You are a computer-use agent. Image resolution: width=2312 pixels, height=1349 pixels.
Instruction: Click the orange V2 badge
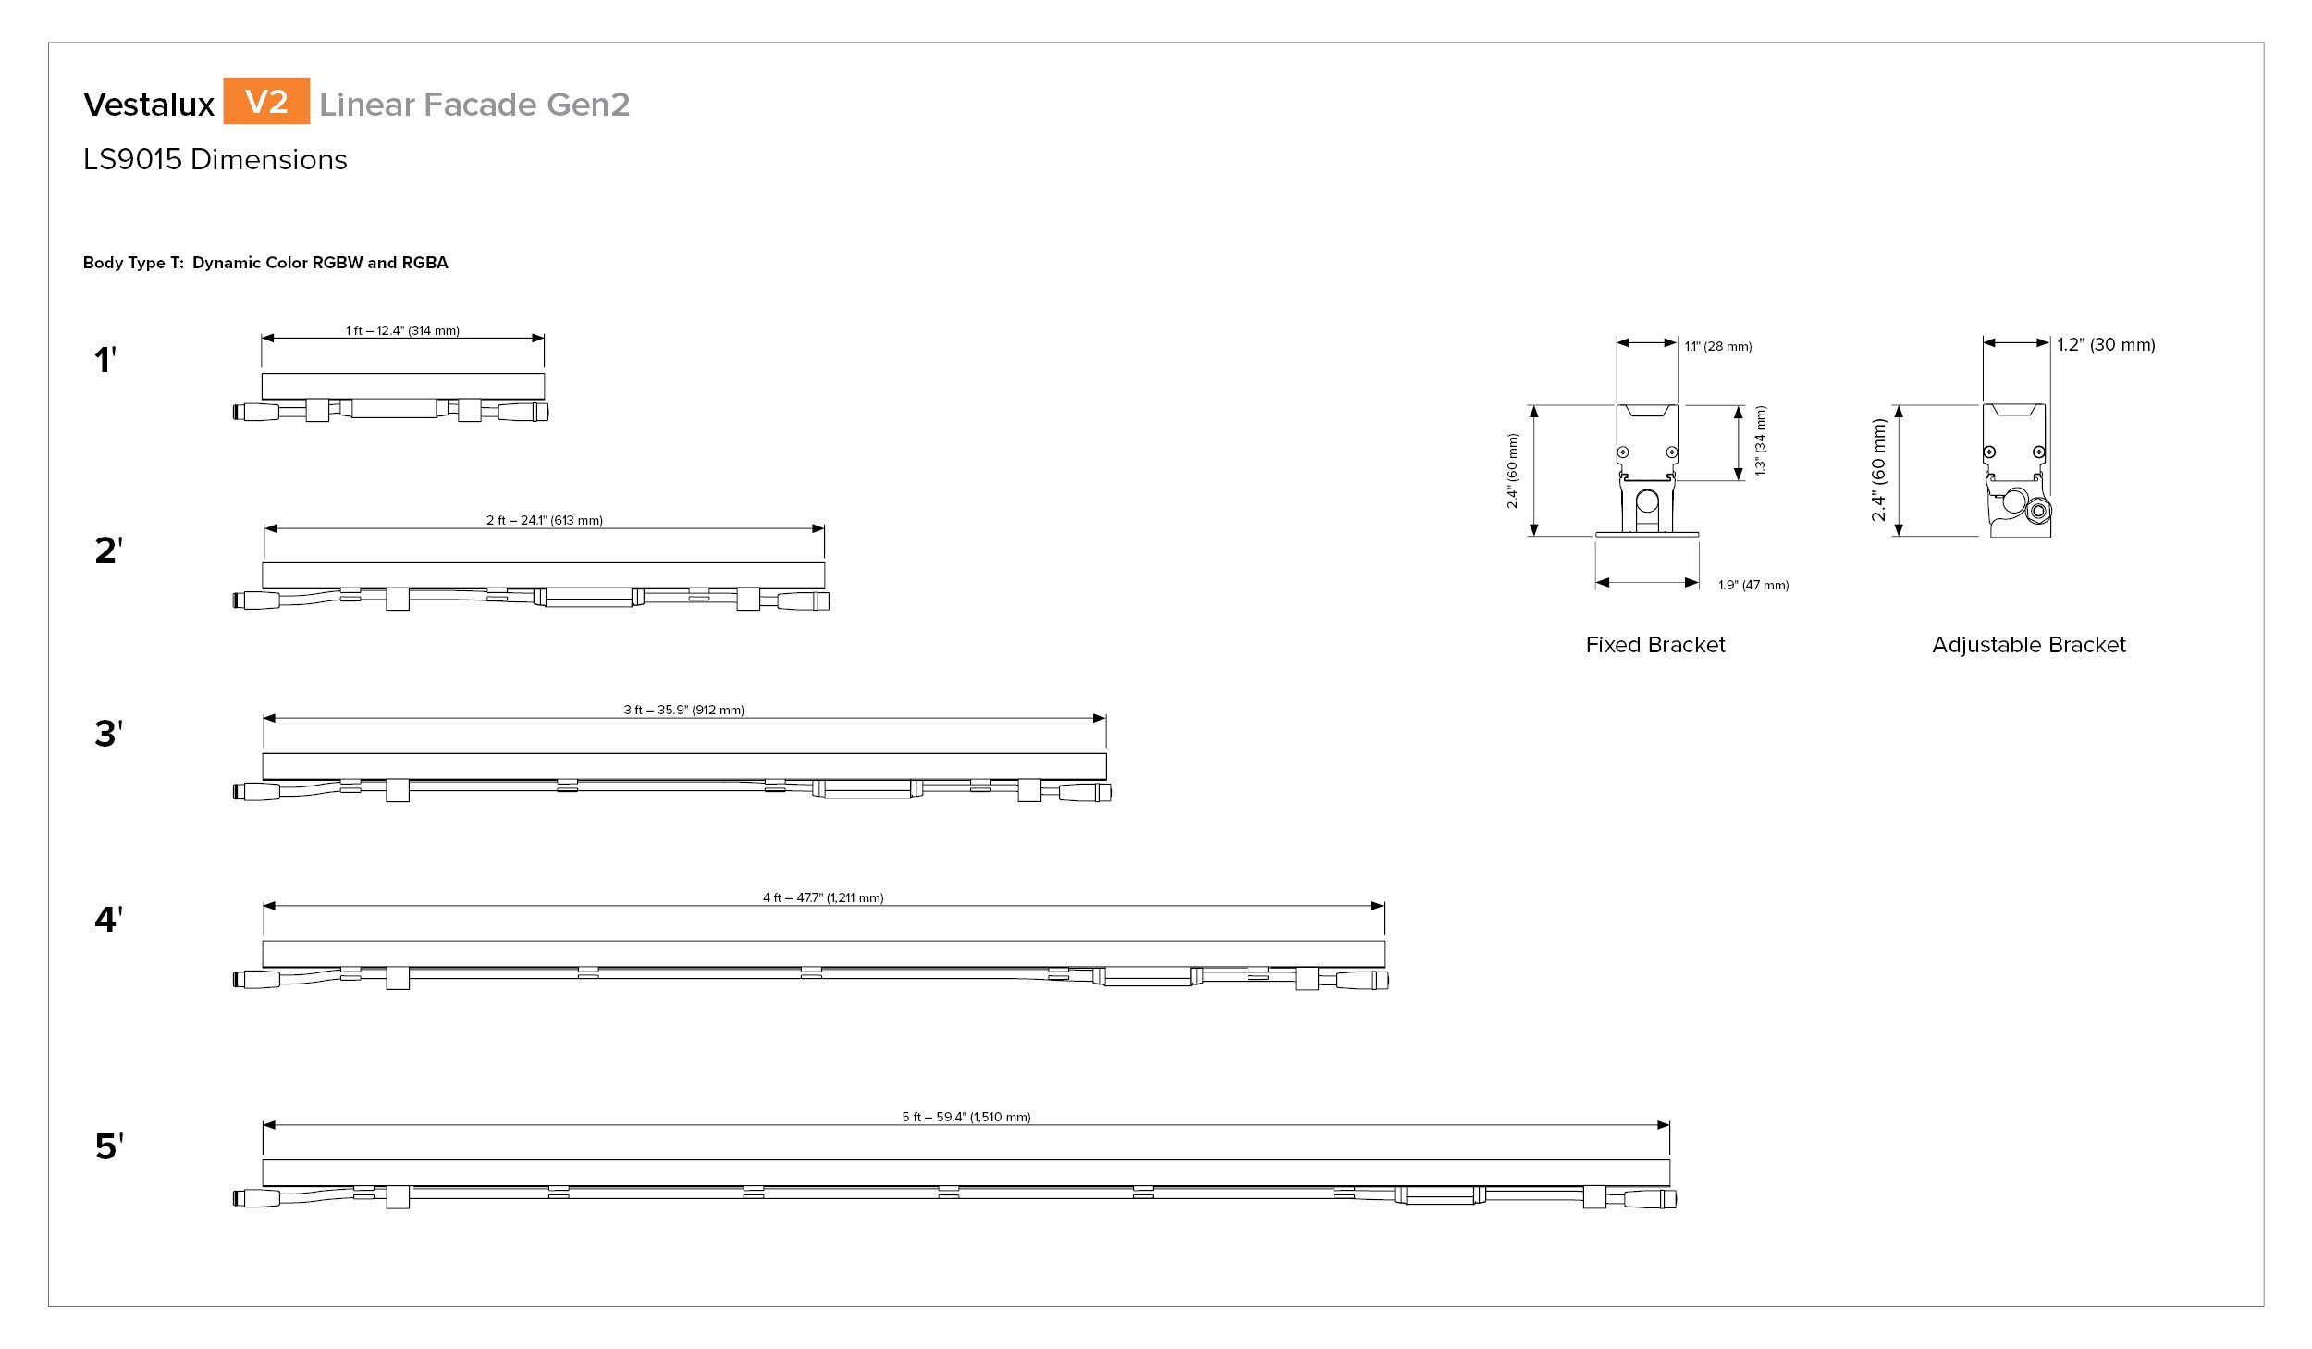click(266, 101)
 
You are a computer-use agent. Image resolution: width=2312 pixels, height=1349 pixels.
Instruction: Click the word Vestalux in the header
click(149, 105)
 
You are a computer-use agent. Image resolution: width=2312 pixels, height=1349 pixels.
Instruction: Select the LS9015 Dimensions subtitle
click(215, 160)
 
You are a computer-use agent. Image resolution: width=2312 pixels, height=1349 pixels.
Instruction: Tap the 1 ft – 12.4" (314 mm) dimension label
click(402, 330)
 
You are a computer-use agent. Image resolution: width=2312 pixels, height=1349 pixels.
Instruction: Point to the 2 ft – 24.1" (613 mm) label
click(545, 520)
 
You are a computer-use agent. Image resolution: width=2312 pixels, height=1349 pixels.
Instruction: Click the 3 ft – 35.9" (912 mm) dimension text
click(683, 710)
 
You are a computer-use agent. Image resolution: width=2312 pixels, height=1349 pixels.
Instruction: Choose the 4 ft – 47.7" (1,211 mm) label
click(823, 897)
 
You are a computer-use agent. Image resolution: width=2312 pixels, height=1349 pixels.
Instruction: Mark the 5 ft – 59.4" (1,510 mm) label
click(966, 1117)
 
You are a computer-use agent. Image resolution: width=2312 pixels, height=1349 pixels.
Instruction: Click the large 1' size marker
click(105, 359)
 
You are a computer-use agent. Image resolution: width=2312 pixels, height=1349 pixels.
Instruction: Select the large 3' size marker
click(108, 734)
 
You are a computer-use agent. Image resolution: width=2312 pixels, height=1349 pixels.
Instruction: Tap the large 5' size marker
click(109, 1146)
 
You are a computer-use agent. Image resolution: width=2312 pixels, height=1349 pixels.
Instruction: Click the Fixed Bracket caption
click(1655, 645)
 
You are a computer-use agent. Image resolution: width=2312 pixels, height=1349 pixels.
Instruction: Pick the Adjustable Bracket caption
click(2029, 645)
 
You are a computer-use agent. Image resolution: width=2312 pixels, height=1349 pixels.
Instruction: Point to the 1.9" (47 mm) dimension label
click(1753, 585)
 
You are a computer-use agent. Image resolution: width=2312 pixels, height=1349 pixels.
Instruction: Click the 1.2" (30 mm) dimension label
click(2106, 344)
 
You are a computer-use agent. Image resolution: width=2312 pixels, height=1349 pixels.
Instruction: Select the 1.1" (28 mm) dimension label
click(1718, 346)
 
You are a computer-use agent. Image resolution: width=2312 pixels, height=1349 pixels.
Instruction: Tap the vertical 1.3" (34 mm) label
click(1760, 441)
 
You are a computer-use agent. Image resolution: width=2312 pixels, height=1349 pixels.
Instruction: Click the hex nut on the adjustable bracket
click(2037, 512)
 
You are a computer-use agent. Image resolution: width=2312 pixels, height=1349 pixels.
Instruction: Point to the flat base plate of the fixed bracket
click(1647, 534)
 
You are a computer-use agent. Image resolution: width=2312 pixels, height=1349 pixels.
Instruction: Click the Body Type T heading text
click(265, 263)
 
